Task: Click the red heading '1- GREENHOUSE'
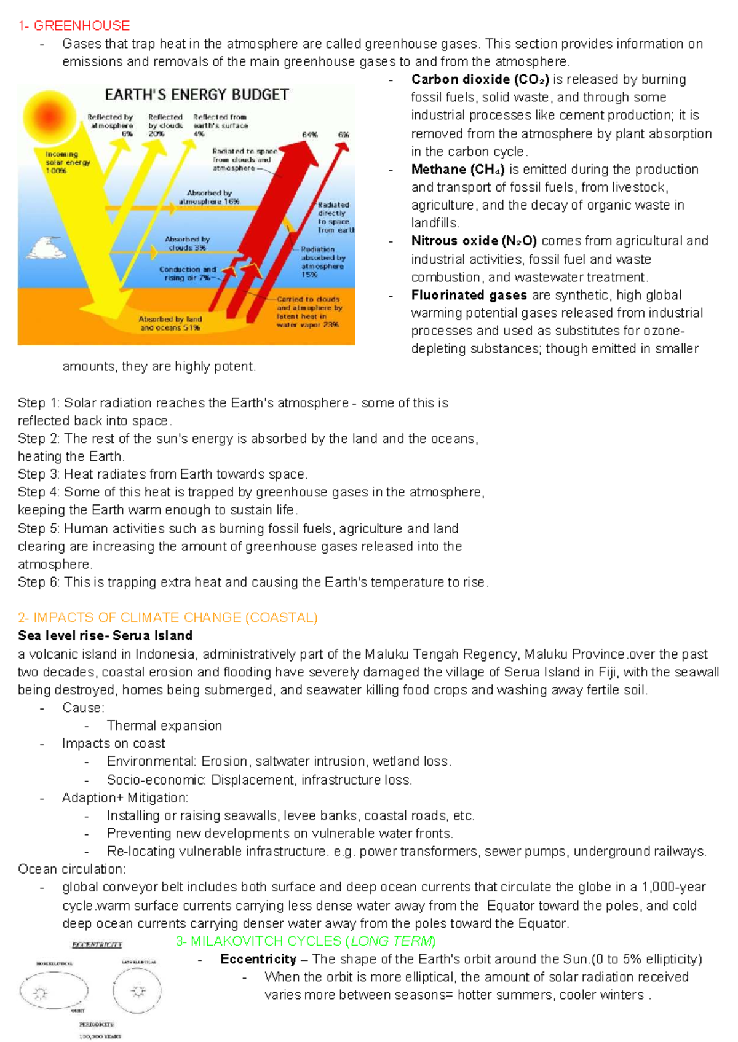(74, 26)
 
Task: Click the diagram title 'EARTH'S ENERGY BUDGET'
(197, 95)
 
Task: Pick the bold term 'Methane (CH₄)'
(458, 169)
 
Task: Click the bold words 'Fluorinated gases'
(469, 295)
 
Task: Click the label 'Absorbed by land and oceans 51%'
(170, 323)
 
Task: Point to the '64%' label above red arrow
(309, 135)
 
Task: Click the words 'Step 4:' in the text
(39, 492)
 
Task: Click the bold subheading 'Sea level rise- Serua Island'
(105, 635)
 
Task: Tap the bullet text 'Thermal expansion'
(164, 726)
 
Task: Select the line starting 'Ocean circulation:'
(71, 869)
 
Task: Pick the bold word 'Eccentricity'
(258, 959)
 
